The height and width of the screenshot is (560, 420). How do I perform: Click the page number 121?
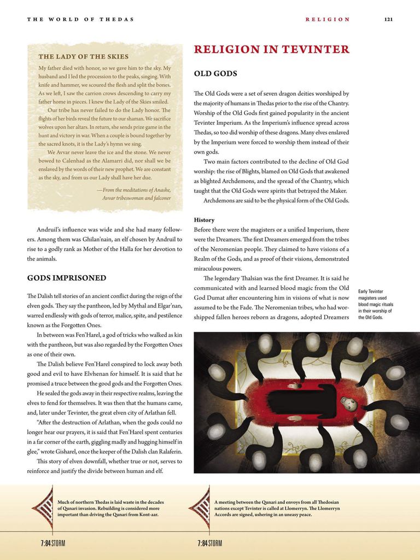388,19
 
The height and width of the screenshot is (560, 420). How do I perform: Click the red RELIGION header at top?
328,19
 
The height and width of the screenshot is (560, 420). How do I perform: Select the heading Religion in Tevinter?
271,50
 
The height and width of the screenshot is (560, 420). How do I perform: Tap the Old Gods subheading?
215,73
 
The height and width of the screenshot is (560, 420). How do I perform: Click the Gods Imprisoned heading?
67,278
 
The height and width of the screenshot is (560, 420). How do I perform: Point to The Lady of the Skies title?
84,56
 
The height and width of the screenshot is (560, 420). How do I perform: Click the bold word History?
204,220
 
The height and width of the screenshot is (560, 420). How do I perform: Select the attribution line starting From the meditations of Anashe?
134,190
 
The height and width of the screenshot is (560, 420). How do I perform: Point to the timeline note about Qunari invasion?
110,508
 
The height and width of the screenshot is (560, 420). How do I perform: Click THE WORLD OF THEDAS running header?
80,19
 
